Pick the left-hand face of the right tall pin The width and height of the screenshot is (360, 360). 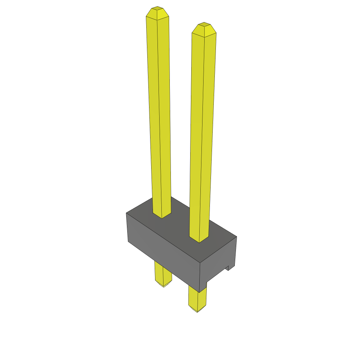coord(196,134)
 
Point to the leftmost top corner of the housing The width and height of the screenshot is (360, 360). coord(126,213)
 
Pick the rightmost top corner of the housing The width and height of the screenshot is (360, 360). coord(237,236)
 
